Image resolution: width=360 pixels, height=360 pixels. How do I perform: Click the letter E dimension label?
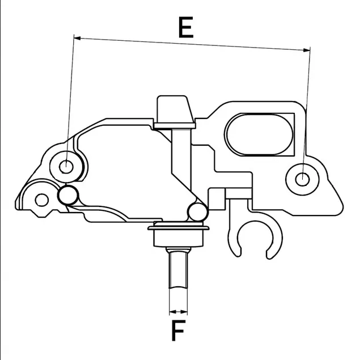[x=185, y=27]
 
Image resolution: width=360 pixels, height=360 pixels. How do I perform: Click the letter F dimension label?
[x=179, y=331]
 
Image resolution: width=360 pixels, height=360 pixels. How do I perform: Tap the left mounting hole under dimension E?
[x=67, y=167]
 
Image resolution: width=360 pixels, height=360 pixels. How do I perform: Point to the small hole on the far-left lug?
[x=41, y=200]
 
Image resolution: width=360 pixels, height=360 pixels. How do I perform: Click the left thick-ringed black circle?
[x=69, y=195]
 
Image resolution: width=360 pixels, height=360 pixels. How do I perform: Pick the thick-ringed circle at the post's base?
[x=196, y=213]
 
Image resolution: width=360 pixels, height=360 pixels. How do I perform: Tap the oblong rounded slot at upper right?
[x=260, y=134]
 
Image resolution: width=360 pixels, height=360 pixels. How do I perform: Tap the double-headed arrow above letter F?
[x=178, y=311]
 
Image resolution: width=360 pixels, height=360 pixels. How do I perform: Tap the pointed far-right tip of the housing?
[x=342, y=202]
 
